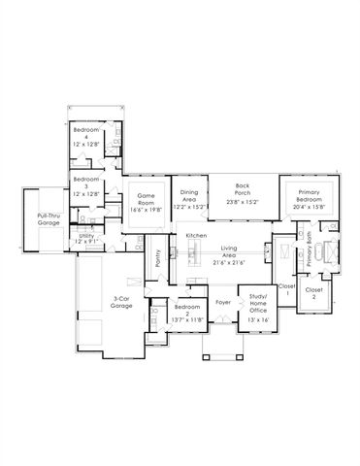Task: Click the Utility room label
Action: click(x=87, y=235)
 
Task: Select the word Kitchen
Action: click(x=197, y=236)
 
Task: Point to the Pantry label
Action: click(x=158, y=259)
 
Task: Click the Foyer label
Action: click(x=222, y=303)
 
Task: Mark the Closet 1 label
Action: click(x=285, y=290)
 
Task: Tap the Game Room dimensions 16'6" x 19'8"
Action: click(x=146, y=207)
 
